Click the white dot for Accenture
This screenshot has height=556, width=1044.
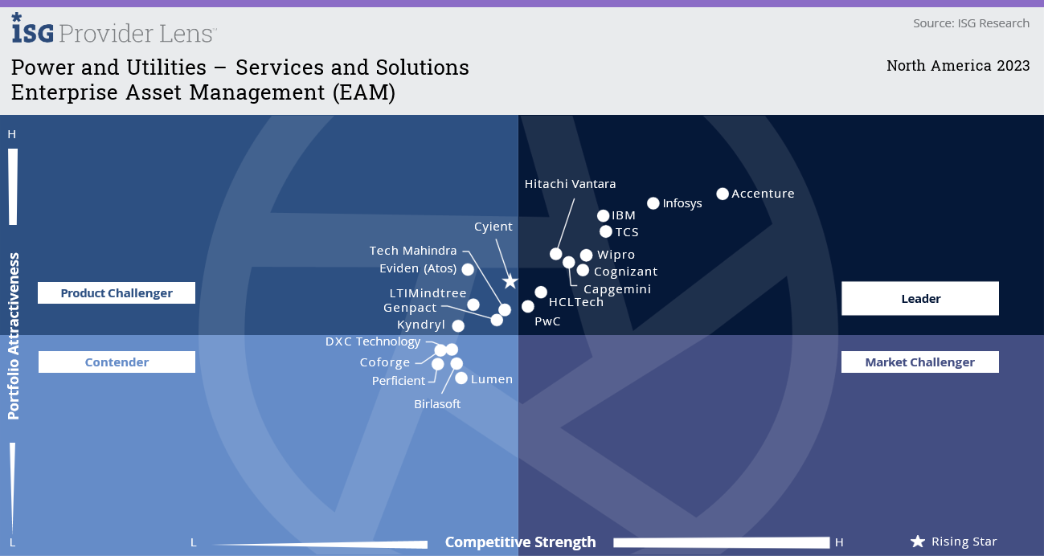pos(723,194)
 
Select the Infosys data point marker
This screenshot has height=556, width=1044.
pos(653,203)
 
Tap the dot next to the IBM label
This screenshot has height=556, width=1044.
pos(604,215)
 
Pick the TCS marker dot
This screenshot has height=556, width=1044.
pos(607,232)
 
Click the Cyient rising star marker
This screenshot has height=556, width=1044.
pos(510,281)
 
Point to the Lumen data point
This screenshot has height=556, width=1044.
pos(461,378)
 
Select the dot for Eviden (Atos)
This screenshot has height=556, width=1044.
pos(468,269)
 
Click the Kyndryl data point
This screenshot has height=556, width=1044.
pos(458,325)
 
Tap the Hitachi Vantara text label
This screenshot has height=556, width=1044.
pos(570,184)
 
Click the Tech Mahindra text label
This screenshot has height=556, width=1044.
pos(413,251)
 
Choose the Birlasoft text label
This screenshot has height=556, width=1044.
pos(437,404)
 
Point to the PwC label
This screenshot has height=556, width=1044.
pos(547,321)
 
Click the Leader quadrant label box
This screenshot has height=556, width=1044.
pos(919,299)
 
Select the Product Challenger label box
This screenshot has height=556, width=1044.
pos(117,293)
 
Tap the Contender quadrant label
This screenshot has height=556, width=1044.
pos(117,362)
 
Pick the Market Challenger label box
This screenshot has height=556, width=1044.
pos(919,362)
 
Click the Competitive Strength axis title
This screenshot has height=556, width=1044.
pos(520,542)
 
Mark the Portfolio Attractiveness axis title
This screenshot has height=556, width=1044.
pos(14,336)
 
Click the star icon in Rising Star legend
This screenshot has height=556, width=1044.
pos(917,542)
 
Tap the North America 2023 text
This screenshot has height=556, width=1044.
pos(957,66)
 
